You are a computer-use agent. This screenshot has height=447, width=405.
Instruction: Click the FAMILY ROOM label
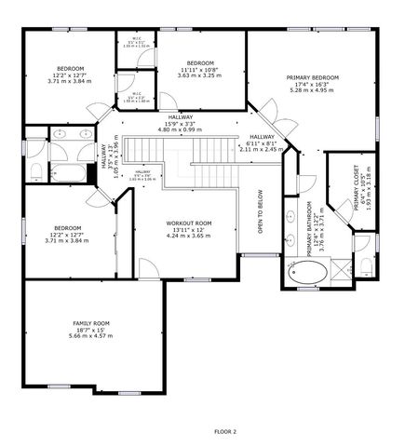coord(91,323)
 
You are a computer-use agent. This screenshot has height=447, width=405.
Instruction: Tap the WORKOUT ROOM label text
coord(189,223)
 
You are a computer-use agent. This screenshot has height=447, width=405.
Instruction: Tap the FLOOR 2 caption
coord(225,431)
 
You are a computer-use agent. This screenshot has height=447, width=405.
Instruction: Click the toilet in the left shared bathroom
coord(35,170)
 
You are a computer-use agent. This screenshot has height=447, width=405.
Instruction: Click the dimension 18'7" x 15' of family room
coord(91,330)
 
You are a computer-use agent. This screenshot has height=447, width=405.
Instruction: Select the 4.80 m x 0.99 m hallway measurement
coord(181,129)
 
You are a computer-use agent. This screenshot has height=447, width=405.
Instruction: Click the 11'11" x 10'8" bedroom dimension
coord(200,70)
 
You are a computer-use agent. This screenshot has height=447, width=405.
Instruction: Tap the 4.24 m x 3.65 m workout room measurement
coord(189,237)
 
